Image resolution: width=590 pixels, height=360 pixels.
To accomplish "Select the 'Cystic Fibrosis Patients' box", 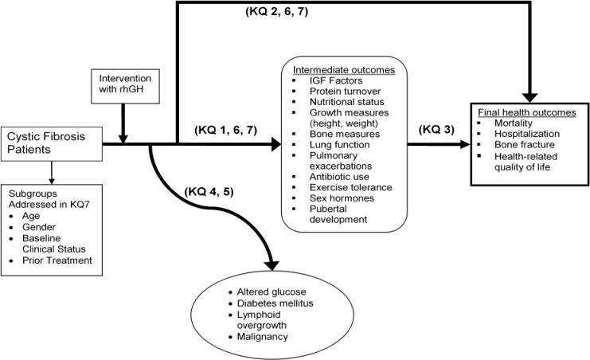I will (x=53, y=143).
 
